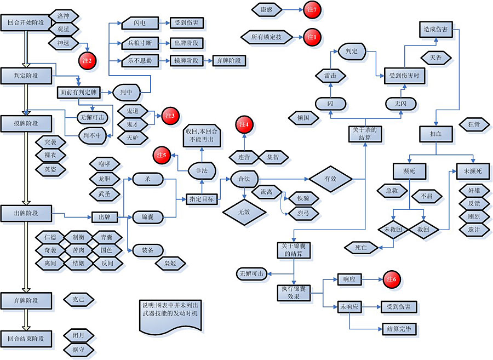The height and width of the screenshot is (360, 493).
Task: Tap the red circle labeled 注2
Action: pyautogui.click(x=88, y=59)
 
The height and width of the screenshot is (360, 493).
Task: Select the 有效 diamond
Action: pyautogui.click(x=330, y=179)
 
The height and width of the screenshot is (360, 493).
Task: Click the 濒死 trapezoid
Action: pyautogui.click(x=409, y=172)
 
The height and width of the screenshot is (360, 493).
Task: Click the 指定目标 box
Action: pyautogui.click(x=200, y=198)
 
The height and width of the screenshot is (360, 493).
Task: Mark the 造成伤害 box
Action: pyautogui.click(x=436, y=28)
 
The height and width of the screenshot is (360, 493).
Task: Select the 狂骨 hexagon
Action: pyautogui.click(x=473, y=124)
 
